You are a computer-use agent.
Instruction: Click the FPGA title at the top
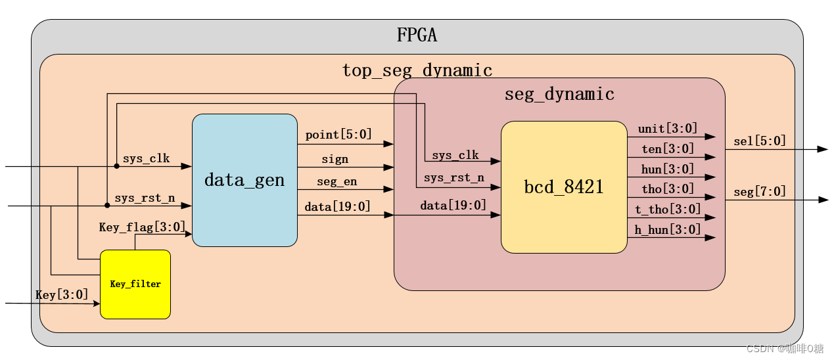[417, 35]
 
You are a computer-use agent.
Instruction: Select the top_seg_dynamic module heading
[417, 70]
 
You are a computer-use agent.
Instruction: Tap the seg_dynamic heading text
[559, 94]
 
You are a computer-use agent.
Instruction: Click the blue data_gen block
[244, 180]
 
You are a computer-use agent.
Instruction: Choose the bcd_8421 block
[564, 187]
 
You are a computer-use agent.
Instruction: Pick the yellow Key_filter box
[135, 284]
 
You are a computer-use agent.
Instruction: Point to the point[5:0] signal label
[338, 134]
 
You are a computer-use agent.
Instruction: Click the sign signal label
[335, 159]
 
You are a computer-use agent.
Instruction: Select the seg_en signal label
[336, 182]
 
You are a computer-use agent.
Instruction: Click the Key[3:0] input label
[62, 294]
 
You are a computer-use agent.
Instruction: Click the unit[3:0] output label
[668, 129]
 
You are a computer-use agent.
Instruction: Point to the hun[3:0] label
[668, 169]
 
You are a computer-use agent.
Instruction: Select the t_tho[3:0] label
[668, 209]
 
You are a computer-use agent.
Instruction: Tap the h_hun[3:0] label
[668, 229]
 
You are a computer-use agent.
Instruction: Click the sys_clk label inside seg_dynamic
[455, 155]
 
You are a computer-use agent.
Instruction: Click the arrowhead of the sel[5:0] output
[822, 149]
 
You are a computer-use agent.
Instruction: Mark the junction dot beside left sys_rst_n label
[107, 206]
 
